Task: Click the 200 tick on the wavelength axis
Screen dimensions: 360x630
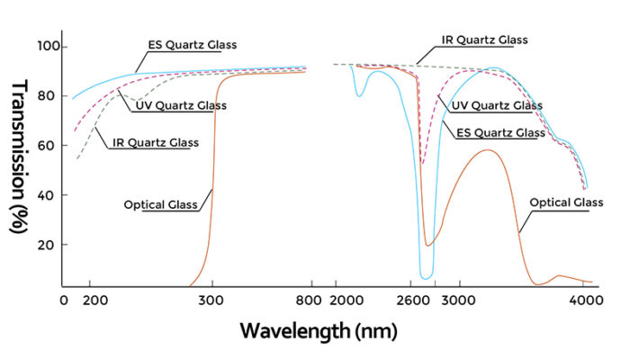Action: pyautogui.click(x=96, y=302)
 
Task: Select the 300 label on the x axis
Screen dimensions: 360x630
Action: pyautogui.click(x=212, y=302)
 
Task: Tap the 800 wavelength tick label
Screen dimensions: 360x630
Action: pyautogui.click(x=309, y=302)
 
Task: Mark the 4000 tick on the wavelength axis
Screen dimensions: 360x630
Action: pyautogui.click(x=586, y=302)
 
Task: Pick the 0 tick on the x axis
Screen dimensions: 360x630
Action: pyautogui.click(x=64, y=302)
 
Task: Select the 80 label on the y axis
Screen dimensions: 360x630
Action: pyautogui.click(x=50, y=96)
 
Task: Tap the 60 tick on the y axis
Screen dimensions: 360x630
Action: pyautogui.click(x=50, y=146)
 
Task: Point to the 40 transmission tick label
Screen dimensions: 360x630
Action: pyautogui.click(x=50, y=195)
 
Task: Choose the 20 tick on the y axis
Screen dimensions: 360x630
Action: pyautogui.click(x=50, y=245)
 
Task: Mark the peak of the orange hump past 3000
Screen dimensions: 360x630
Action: pyautogui.click(x=487, y=150)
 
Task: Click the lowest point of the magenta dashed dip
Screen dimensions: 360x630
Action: pyautogui.click(x=422, y=163)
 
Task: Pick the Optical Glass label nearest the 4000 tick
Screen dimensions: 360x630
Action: pyautogui.click(x=566, y=203)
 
